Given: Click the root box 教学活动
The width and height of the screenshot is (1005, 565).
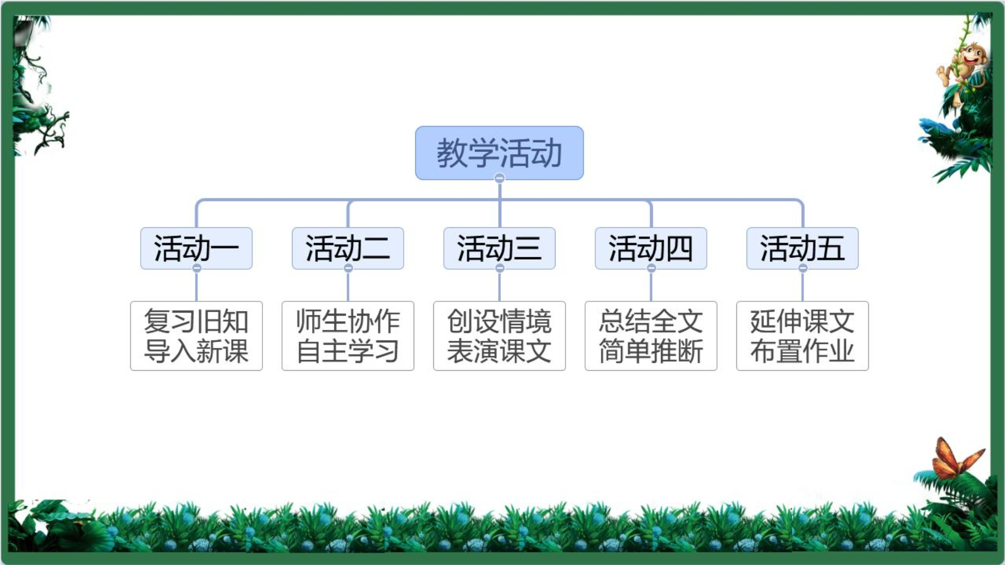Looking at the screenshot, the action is (x=499, y=152).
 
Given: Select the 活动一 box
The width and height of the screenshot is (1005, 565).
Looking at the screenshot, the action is (x=196, y=248).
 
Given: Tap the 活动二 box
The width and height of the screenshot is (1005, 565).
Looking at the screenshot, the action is (x=348, y=248).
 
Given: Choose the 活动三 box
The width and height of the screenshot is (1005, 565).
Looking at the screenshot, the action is (x=499, y=248).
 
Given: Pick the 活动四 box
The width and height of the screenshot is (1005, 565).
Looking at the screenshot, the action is (x=651, y=248).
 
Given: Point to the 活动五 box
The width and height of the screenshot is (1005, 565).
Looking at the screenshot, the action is (x=802, y=248).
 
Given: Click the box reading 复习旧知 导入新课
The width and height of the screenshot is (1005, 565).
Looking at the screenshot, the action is (x=196, y=336).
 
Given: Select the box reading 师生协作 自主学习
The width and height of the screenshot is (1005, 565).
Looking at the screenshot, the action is (x=348, y=336).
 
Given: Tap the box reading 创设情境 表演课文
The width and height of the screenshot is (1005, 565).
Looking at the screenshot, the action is (x=499, y=336).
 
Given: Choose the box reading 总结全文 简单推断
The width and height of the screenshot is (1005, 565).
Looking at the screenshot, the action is (x=651, y=336).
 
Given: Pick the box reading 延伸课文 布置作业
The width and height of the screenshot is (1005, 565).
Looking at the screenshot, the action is (x=802, y=336).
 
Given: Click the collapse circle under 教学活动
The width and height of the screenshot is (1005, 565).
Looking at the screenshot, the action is (x=500, y=178).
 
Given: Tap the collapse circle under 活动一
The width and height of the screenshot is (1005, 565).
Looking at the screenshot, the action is (x=197, y=269).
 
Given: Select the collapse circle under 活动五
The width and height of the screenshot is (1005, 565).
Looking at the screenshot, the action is (x=803, y=269).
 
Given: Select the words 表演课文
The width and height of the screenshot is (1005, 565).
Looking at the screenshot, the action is (x=499, y=351).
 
